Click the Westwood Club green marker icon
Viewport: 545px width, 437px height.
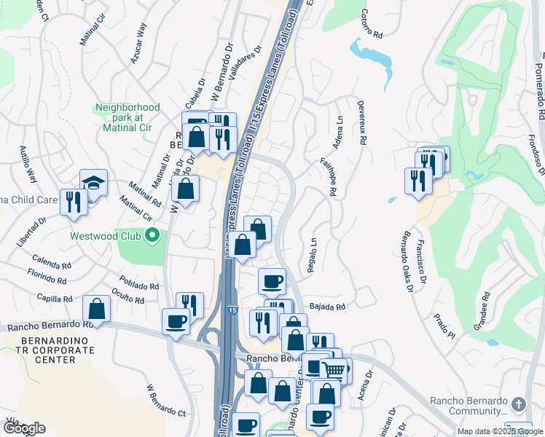tap(152, 235)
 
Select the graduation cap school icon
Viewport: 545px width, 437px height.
tap(94, 182)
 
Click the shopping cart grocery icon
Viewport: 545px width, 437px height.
tap(333, 370)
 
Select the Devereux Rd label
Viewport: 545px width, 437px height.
tap(361, 122)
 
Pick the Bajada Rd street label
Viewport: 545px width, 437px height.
tap(326, 307)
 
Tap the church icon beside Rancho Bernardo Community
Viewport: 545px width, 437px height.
tap(518, 403)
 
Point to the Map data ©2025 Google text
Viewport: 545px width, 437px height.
tap(500, 431)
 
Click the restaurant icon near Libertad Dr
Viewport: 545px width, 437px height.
tap(74, 202)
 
